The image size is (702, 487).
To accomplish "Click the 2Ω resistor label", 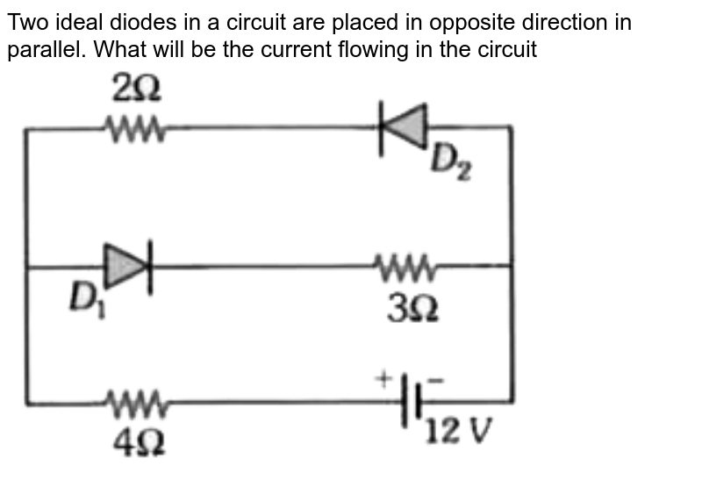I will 137,88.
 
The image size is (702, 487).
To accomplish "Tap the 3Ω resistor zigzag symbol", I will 405,263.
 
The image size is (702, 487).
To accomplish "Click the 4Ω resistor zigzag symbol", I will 134,404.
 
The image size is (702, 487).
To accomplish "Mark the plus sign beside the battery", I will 383,380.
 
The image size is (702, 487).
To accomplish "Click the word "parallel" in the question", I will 44,50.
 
